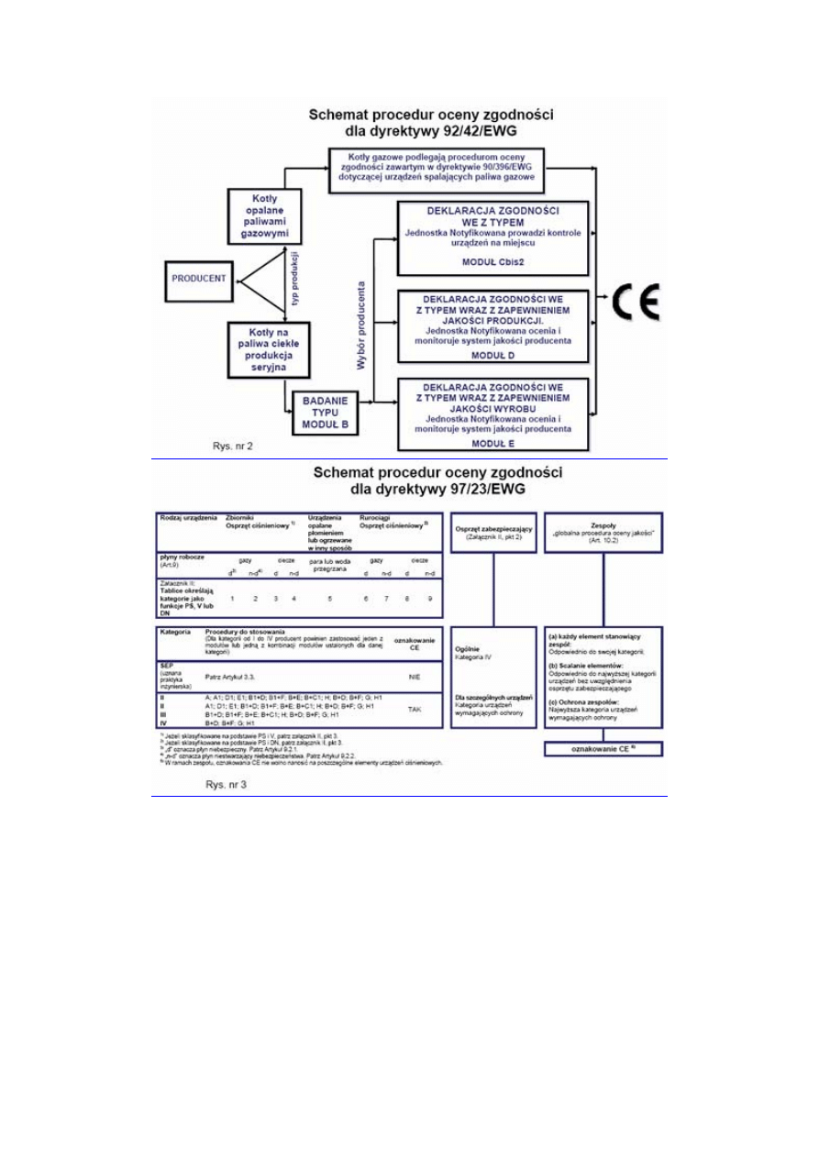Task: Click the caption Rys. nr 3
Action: tap(226, 785)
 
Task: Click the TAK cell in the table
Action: tap(414, 709)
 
